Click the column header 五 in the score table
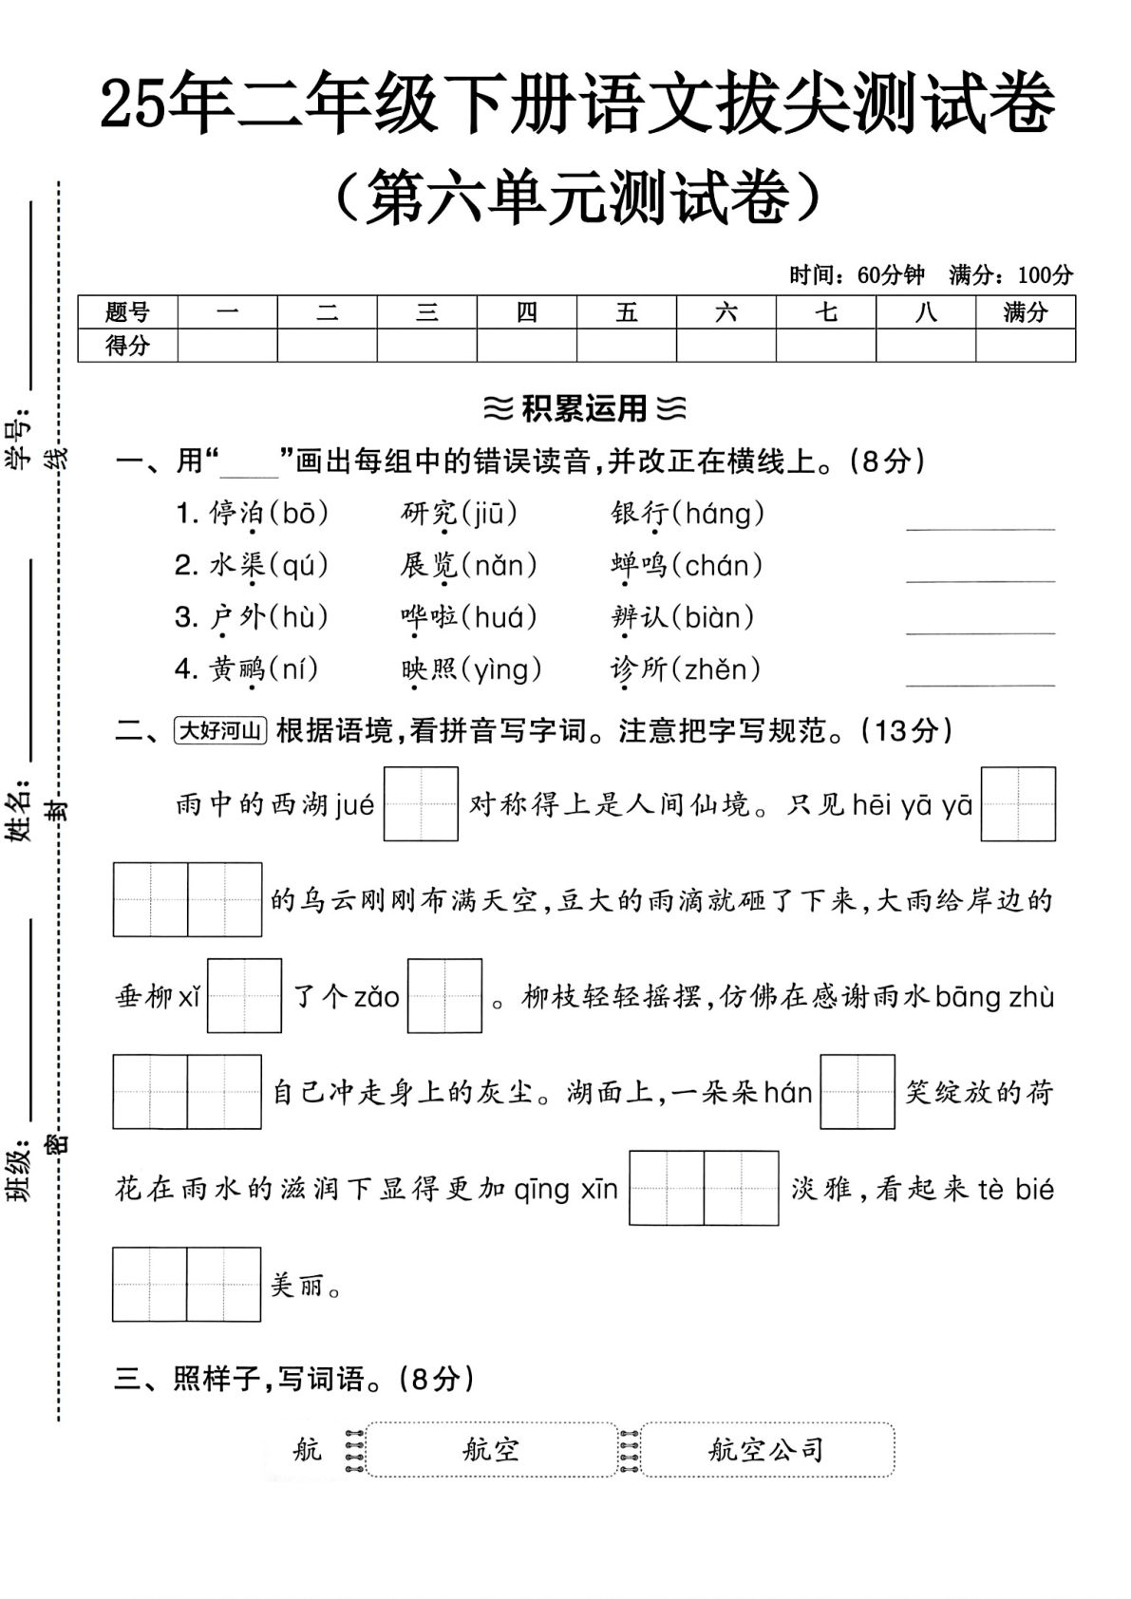click(x=627, y=312)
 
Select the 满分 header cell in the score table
click(x=1025, y=312)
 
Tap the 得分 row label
click(x=127, y=346)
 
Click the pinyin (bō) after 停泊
click(x=299, y=514)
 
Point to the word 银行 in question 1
click(x=640, y=514)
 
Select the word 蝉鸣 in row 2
click(x=640, y=566)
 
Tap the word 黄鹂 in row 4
click(x=237, y=669)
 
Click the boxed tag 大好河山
click(x=220, y=730)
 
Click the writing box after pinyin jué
click(x=421, y=804)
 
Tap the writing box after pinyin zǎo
click(x=444, y=996)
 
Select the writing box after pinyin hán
click(x=857, y=1092)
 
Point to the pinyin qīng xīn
click(x=566, y=1190)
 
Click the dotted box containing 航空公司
click(x=767, y=1449)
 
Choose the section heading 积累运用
click(x=583, y=409)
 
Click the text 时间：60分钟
click(x=857, y=275)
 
